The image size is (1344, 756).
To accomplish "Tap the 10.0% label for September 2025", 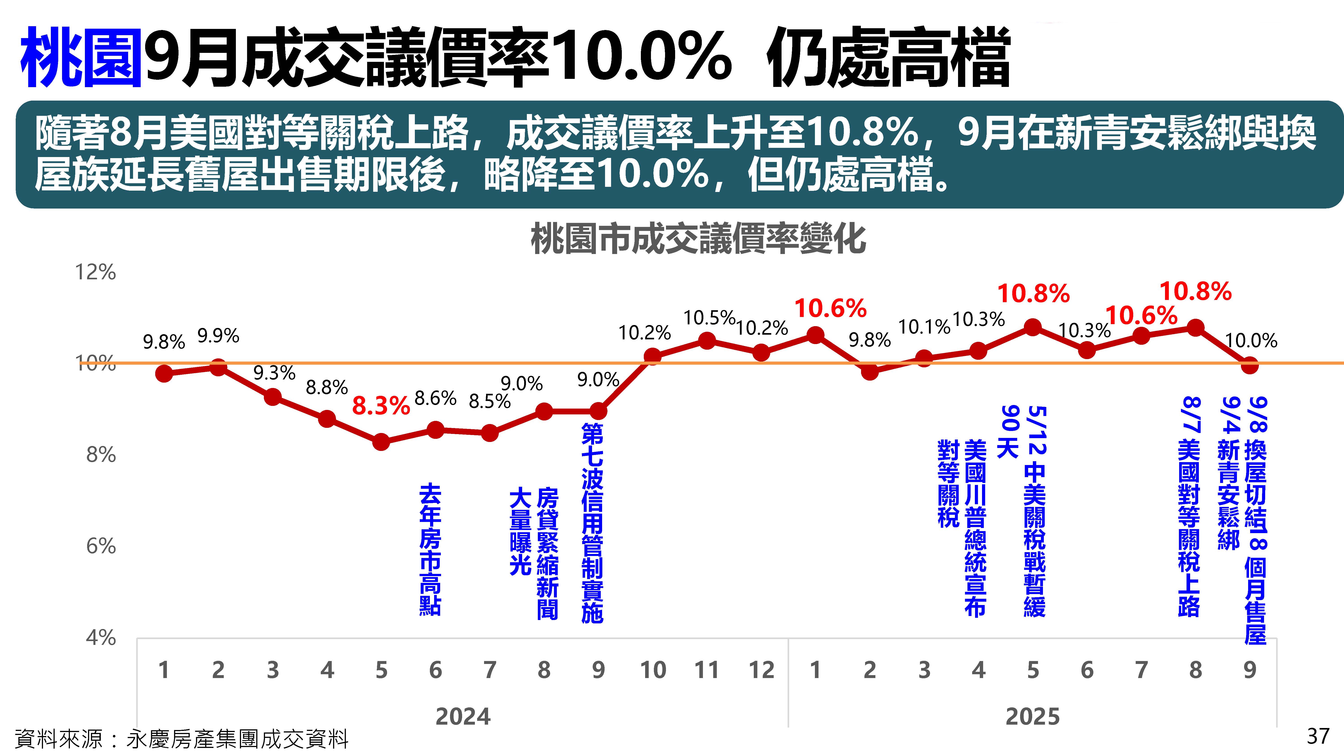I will [x=1251, y=341].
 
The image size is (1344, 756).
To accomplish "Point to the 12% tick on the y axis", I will [x=95, y=272].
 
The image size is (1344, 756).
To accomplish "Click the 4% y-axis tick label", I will [x=101, y=638].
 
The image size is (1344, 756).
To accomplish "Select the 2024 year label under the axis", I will [x=463, y=716].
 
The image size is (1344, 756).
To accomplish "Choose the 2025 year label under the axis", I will [x=1032, y=716].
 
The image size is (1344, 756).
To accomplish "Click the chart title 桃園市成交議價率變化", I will [x=698, y=239].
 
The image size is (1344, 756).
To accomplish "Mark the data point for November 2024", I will [x=707, y=341].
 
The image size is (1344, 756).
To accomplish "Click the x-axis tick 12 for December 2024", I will [x=761, y=670].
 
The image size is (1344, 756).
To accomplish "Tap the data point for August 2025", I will [x=1195, y=328].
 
